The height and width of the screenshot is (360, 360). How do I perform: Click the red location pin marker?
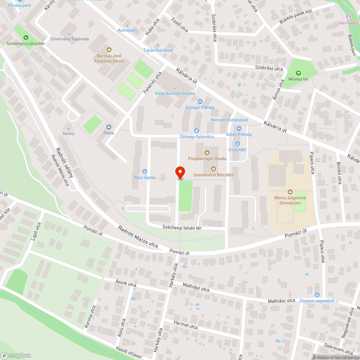[x=180, y=172]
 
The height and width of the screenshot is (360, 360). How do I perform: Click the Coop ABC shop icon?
[x=238, y=144]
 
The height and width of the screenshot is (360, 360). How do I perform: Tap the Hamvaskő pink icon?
[x=348, y=17]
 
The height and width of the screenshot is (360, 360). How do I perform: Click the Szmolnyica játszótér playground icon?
[x=26, y=37]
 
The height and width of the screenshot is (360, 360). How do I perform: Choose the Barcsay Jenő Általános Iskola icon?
[x=109, y=50]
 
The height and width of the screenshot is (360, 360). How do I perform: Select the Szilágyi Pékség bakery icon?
[x=200, y=102]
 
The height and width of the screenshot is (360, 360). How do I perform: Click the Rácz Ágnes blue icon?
[x=145, y=171]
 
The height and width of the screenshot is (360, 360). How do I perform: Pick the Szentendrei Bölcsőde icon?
[x=213, y=168]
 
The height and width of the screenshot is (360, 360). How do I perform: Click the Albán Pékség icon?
[x=239, y=129]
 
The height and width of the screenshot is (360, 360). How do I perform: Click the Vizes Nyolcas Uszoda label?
[x=175, y=93]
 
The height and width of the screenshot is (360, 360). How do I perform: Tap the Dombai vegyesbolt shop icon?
[x=317, y=294]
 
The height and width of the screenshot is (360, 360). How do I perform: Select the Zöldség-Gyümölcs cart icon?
[x=197, y=131]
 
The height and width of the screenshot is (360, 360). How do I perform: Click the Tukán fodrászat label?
[x=158, y=50]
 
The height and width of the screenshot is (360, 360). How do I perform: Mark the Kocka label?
[x=68, y=134]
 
